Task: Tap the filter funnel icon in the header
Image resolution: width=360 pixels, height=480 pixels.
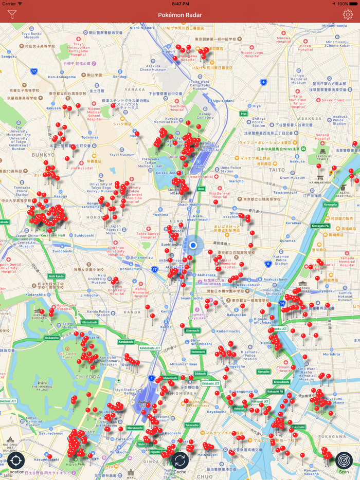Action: point(12,15)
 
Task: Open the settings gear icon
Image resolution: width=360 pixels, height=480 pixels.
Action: point(348,15)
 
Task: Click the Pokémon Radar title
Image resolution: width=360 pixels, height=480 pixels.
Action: point(180,15)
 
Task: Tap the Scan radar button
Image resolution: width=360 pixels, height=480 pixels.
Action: point(344,461)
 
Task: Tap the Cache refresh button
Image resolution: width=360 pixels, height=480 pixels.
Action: point(179,460)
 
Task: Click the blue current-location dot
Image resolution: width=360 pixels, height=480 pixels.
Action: point(193,245)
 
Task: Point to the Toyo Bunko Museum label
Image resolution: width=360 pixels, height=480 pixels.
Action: point(31,35)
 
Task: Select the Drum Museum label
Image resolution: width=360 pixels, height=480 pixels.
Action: point(292,178)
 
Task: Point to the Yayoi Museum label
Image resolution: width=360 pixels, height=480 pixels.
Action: point(122,154)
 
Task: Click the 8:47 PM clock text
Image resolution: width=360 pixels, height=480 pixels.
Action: point(180,4)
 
